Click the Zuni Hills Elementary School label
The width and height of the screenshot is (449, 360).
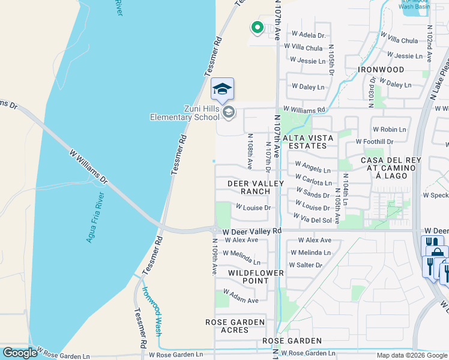pos(184,112)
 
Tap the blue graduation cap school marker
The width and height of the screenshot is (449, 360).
pos(222,89)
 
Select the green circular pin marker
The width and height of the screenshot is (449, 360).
pos(257,27)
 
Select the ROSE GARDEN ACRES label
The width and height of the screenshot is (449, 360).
pos(235,326)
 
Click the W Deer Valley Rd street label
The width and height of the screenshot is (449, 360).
pos(252,231)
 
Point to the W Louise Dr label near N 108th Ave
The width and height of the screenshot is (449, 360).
pos(253,208)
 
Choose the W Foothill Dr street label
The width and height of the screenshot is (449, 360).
pos(374,142)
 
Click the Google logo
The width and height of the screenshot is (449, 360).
pos(20,353)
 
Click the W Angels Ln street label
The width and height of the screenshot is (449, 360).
pos(312,164)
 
